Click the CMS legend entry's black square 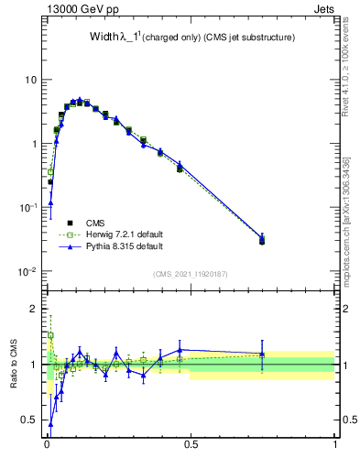[69, 222]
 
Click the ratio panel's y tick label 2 [35, 309]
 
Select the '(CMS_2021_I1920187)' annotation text [191, 274]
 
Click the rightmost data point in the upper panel [262, 240]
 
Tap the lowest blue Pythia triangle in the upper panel [50, 202]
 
